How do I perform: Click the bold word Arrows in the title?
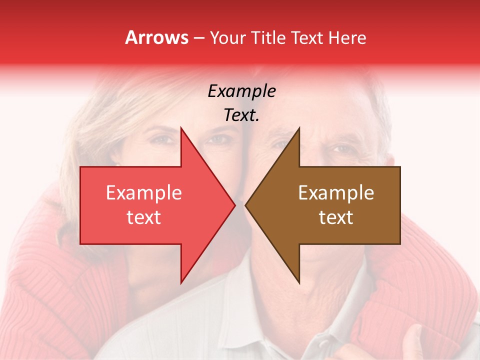coord(157,37)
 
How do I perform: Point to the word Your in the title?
coord(227,37)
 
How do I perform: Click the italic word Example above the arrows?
coord(241,91)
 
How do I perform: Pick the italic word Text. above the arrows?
coord(241,115)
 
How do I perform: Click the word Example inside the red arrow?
coord(144,193)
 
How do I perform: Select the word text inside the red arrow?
coord(144,217)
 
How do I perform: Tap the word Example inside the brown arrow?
coord(336,193)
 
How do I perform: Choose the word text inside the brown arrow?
coord(336,217)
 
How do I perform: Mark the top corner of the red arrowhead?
coord(181,128)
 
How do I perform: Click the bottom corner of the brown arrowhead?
coord(299,283)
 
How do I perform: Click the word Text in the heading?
coord(308,37)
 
